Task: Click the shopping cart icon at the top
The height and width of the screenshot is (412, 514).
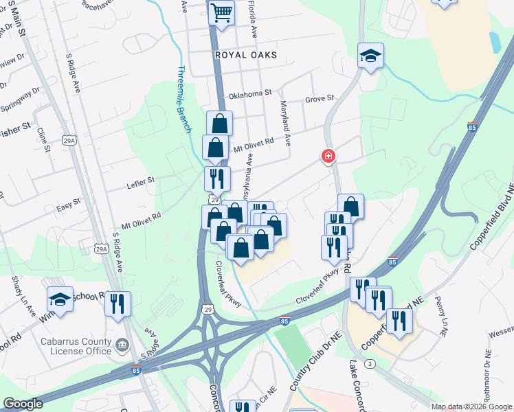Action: point(221,12)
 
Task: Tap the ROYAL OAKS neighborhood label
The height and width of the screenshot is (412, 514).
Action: point(245,55)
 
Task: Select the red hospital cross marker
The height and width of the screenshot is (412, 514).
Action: point(328,157)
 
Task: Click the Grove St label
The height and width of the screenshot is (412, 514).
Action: point(319,100)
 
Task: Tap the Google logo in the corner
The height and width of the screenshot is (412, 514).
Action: point(23,404)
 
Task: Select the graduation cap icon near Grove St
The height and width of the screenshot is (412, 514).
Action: point(370,56)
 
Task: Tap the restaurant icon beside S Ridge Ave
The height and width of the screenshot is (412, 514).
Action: point(118,302)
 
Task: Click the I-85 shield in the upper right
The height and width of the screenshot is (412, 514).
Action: point(471,127)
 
